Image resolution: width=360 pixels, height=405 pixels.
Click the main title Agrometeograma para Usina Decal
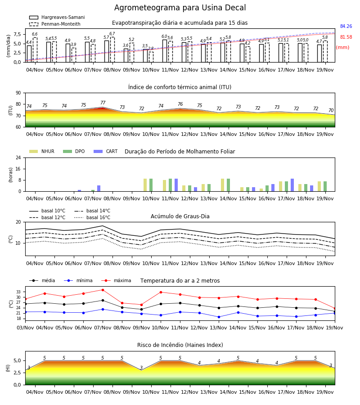(180, 8)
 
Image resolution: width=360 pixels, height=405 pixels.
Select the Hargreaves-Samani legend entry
(57, 17)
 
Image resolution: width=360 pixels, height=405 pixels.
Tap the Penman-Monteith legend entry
(55, 24)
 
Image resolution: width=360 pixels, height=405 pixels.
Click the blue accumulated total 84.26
(346, 27)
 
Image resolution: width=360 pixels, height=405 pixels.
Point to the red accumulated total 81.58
(346, 37)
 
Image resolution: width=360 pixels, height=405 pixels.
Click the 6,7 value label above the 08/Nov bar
(112, 34)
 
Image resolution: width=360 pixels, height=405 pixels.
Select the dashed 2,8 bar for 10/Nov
(151, 57)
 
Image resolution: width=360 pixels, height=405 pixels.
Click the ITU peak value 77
(103, 103)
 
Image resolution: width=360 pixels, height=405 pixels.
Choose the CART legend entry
(106, 151)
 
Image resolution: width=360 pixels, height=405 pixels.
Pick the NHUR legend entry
(42, 151)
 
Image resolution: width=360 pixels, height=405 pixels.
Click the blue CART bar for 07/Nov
(99, 188)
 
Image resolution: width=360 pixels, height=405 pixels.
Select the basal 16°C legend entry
(92, 217)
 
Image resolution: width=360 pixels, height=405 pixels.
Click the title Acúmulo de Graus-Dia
(180, 216)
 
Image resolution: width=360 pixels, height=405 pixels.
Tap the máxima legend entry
(116, 280)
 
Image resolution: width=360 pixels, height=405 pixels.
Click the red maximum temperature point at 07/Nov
(103, 290)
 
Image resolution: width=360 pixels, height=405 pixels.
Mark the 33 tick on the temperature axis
(18, 292)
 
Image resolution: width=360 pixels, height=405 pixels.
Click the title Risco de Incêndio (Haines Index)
(180, 345)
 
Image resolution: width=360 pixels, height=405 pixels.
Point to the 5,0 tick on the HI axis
(18, 360)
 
